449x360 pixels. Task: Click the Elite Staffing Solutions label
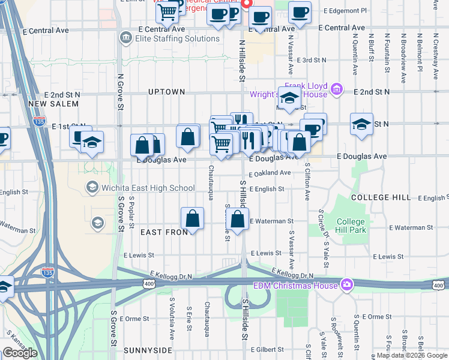click(177, 38)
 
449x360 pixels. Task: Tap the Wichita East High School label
click(149, 188)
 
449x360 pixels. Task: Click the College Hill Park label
click(351, 226)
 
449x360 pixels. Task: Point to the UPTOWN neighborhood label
click(167, 92)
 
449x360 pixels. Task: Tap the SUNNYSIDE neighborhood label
click(148, 350)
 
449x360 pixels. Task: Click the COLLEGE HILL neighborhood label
click(381, 197)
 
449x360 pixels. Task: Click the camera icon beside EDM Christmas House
click(346, 284)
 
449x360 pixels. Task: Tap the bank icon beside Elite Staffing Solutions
click(125, 38)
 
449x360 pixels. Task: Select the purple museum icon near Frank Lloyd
click(336, 90)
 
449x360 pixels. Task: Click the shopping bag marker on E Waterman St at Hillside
click(238, 219)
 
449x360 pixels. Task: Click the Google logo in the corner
click(20, 352)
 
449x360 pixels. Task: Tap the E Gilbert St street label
click(267, 349)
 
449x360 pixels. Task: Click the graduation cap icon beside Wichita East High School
click(92, 188)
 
